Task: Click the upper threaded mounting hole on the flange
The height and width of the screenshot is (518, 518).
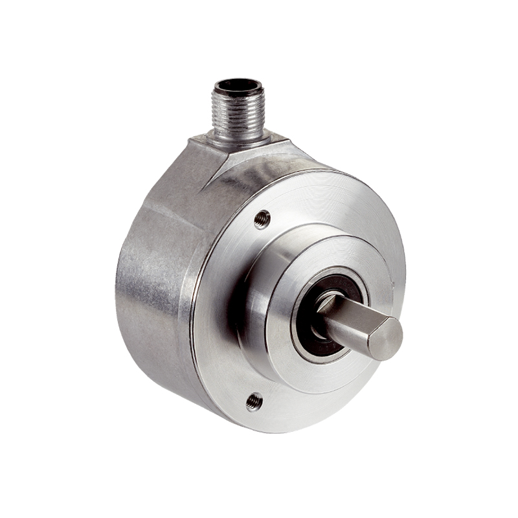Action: [x=262, y=220]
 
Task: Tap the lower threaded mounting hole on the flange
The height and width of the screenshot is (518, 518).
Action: [x=254, y=402]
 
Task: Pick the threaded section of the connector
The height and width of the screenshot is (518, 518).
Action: [x=239, y=107]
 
